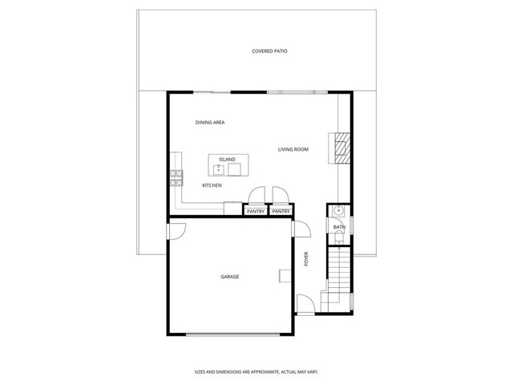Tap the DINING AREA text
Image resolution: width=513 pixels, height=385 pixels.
point(209,123)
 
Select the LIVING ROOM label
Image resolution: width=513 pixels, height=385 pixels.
point(293,149)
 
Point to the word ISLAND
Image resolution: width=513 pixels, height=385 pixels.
point(227,160)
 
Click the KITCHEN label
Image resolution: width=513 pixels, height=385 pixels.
point(212,185)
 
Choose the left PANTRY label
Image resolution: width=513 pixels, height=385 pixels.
point(256,211)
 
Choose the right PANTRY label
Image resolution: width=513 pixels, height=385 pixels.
point(281,211)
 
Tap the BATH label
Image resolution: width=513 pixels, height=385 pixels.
point(339,227)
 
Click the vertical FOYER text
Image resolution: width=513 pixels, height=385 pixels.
point(305,259)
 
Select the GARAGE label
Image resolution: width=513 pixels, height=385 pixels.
point(229,277)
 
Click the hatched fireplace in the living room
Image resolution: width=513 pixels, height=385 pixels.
point(343,148)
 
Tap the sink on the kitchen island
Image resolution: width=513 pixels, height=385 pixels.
point(218,169)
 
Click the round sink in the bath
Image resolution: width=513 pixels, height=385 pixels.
point(339,212)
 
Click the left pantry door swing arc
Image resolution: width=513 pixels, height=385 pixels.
point(257,195)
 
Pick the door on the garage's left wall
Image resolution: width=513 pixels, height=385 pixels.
point(176,229)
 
